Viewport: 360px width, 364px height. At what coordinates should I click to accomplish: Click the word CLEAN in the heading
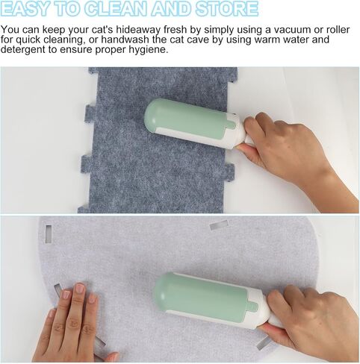pyautogui.click(x=117, y=9)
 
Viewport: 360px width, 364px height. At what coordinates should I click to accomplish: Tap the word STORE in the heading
pyautogui.click(x=226, y=9)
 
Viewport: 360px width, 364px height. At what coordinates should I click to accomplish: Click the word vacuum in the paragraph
pyautogui.click(x=292, y=30)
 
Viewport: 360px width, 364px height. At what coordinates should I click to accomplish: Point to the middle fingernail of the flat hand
pyautogui.click(x=80, y=288)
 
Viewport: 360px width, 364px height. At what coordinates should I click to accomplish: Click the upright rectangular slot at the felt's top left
pyautogui.click(x=49, y=233)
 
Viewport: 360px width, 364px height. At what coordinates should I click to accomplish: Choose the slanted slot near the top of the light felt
pyautogui.click(x=219, y=225)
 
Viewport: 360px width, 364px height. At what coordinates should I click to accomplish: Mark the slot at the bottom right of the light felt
pyautogui.click(x=263, y=343)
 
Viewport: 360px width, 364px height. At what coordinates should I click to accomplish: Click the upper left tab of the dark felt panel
pyautogui.click(x=90, y=113)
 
